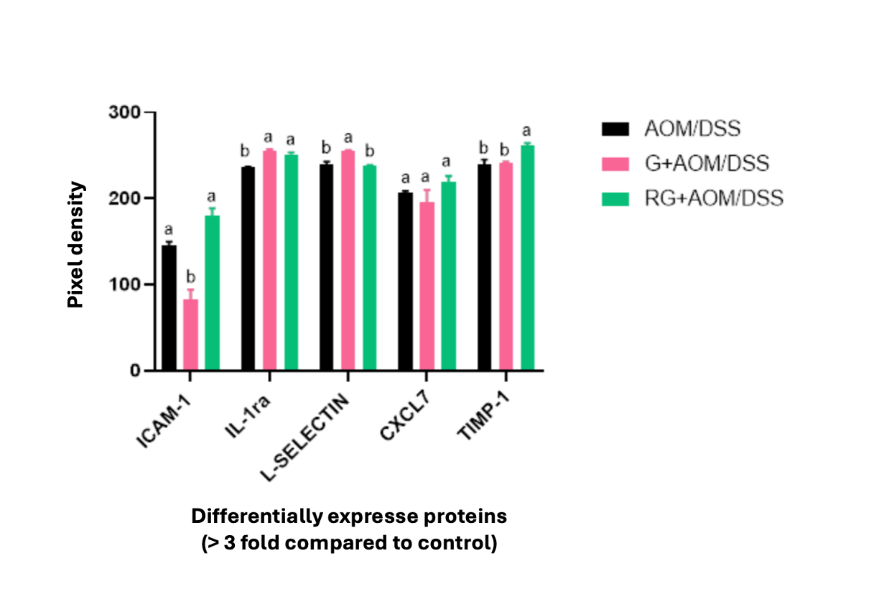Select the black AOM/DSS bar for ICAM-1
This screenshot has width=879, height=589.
click(x=169, y=308)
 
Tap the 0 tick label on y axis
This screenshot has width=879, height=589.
click(x=134, y=371)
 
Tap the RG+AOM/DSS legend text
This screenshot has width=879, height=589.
click(x=713, y=198)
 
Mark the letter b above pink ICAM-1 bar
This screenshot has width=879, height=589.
click(x=190, y=277)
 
